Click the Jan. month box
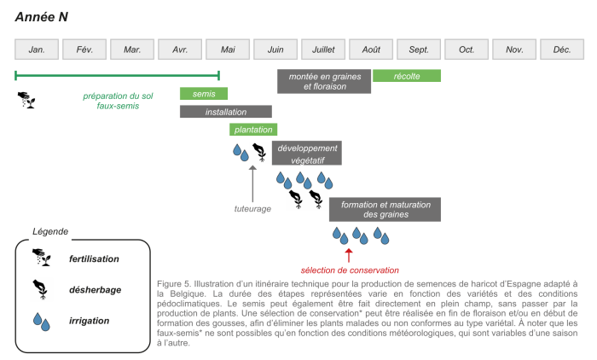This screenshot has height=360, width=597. tap(37, 49)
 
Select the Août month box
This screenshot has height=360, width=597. tap(371, 49)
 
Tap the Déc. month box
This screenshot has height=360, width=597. tap(562, 49)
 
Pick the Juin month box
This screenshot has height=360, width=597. tap(275, 49)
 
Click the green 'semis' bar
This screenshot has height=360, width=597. tap(204, 94)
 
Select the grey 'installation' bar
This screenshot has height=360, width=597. tap(226, 112)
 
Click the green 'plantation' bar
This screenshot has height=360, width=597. tap(253, 130)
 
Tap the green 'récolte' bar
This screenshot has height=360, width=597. tap(407, 76)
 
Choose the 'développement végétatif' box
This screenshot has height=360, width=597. tap(307, 154)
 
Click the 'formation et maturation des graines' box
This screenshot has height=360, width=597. tap(385, 210)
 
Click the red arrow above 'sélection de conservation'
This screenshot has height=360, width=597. tap(348, 254)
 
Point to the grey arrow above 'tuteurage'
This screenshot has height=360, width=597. tap(252, 181)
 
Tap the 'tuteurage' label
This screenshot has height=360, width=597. tap(252, 208)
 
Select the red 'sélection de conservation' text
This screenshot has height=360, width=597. tap(351, 270)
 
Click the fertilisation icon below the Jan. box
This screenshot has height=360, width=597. tap(27, 100)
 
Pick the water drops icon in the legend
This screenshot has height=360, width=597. tap(40, 322)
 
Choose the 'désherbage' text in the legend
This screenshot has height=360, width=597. tap(95, 290)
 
